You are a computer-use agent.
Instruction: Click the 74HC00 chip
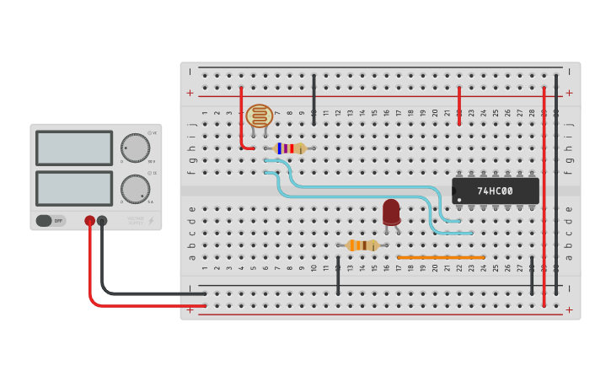495,191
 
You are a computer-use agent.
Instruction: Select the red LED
391,212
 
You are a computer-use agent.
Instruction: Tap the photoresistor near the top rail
259,116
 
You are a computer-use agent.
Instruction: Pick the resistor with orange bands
362,245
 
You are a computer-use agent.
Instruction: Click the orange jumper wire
441,257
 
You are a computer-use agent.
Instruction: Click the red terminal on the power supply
90,221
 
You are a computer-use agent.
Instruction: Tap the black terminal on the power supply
102,221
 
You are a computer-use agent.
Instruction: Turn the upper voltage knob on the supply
134,148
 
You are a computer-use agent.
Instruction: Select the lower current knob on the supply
134,189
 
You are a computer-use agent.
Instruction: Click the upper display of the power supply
74,148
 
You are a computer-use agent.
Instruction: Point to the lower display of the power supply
74,188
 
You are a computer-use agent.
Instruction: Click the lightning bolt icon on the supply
152,221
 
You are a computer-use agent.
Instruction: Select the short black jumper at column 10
314,100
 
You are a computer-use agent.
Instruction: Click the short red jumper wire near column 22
459,105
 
